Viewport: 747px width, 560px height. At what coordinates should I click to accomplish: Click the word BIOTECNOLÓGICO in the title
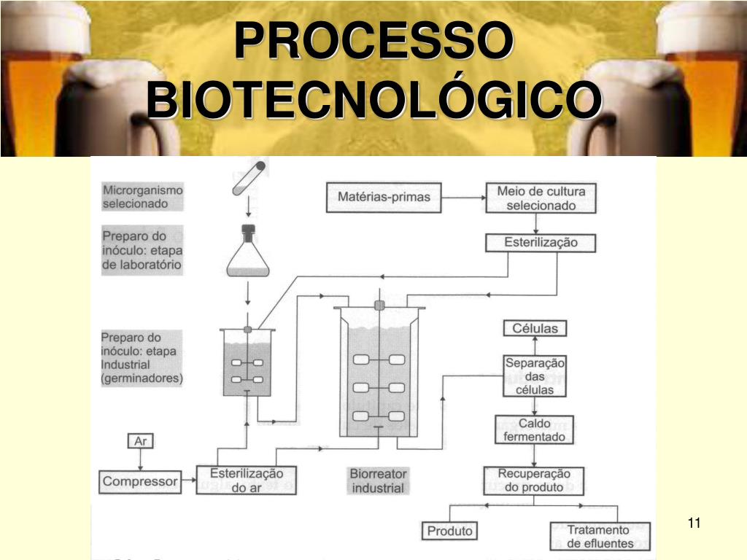point(374,99)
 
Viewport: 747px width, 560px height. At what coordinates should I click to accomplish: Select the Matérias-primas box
point(384,197)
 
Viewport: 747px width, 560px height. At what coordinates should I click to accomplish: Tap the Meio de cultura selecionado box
point(541,198)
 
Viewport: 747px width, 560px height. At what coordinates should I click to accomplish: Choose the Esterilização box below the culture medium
point(541,242)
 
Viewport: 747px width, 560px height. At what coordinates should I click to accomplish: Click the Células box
point(535,328)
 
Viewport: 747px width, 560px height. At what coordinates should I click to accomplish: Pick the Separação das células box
point(535,376)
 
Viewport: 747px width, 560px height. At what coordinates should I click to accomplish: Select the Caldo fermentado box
point(534,430)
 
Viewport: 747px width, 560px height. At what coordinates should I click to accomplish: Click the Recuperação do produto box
point(534,481)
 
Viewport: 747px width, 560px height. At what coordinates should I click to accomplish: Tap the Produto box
point(449,531)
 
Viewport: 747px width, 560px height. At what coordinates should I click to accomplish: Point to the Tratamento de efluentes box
point(600,537)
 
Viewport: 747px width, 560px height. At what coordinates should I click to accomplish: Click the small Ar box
point(141,441)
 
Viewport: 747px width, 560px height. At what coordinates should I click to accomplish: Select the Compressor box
point(140,481)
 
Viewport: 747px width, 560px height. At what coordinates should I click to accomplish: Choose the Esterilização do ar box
point(247,480)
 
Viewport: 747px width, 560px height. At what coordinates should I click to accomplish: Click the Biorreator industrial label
point(379,481)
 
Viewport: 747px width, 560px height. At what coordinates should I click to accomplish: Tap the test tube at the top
point(249,178)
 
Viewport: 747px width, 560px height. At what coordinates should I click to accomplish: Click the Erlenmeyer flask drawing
point(248,251)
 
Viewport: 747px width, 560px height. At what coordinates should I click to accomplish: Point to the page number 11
point(694,523)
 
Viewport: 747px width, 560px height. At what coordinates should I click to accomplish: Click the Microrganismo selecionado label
point(142,197)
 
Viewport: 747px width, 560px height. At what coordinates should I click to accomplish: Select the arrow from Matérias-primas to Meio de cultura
point(463,198)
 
